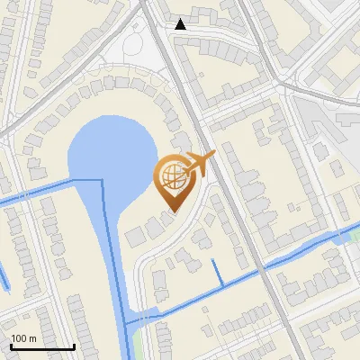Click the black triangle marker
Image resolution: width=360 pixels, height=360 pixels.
coord(181,24)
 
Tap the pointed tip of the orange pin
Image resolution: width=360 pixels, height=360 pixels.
coord(172,212)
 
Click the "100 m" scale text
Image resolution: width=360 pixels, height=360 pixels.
coord(23,338)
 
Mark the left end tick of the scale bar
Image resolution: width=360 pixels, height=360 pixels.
coord(11,346)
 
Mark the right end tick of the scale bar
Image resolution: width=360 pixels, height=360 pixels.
coord(74,346)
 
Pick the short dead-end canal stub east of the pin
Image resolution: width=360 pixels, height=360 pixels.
coord(217,272)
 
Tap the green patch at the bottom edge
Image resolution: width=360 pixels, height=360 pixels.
coord(138,342)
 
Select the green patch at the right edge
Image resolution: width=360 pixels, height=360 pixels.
coord(349,236)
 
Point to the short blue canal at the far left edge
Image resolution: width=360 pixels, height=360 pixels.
coord(4,279)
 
